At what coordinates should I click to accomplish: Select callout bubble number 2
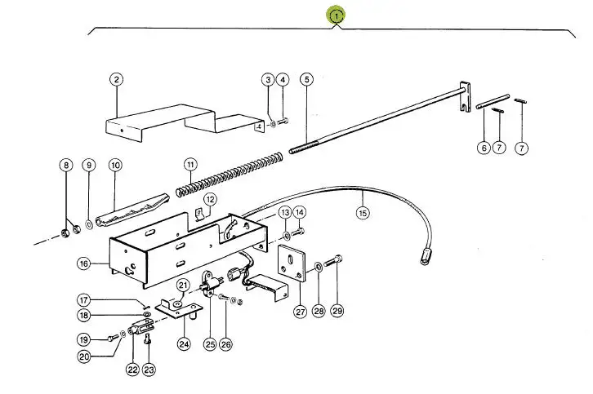coord(117,79)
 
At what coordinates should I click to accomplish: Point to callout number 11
coord(189,164)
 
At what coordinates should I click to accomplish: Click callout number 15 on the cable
coord(363,214)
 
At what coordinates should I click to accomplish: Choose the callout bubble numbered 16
coord(83,263)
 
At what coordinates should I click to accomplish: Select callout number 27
coord(300,311)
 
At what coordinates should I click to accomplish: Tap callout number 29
coord(337,311)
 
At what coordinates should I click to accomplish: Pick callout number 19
coord(83,339)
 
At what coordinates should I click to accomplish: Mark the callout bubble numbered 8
coord(65,165)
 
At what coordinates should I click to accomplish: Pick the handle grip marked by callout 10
coord(132,209)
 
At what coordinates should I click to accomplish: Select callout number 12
coord(211,198)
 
